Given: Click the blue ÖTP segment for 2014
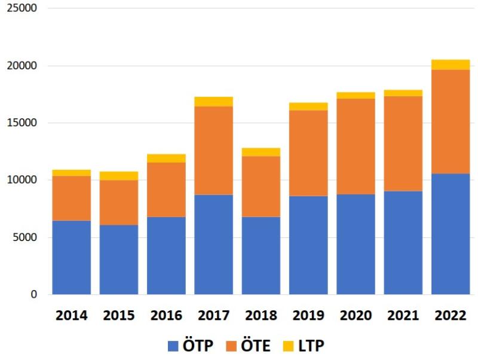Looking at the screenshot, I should (72, 257).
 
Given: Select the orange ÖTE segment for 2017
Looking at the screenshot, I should (214, 150).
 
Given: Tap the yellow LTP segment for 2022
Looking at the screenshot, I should (451, 65).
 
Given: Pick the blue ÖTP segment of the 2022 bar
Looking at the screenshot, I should (451, 234).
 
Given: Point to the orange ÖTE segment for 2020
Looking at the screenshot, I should (356, 146).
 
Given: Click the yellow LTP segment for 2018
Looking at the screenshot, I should (261, 152).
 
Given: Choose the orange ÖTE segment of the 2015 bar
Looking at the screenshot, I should (119, 202).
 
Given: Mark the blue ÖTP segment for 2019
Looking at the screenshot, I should (308, 245).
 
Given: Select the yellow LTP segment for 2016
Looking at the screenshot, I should (167, 158).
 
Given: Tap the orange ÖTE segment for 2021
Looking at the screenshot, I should (403, 144).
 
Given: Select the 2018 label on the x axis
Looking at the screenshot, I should (261, 316).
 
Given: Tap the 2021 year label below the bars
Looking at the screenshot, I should (403, 316).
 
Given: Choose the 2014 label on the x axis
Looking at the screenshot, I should (72, 316).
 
